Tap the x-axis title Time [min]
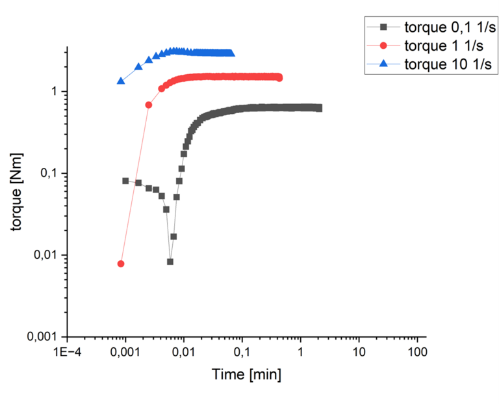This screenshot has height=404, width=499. pyautogui.click(x=246, y=375)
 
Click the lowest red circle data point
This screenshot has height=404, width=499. pyautogui.click(x=121, y=263)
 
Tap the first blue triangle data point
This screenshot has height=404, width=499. pyautogui.click(x=121, y=81)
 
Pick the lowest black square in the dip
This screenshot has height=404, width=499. pyautogui.click(x=170, y=262)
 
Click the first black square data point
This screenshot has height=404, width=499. pyautogui.click(x=125, y=181)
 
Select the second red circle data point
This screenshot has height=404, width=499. pyautogui.click(x=149, y=105)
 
